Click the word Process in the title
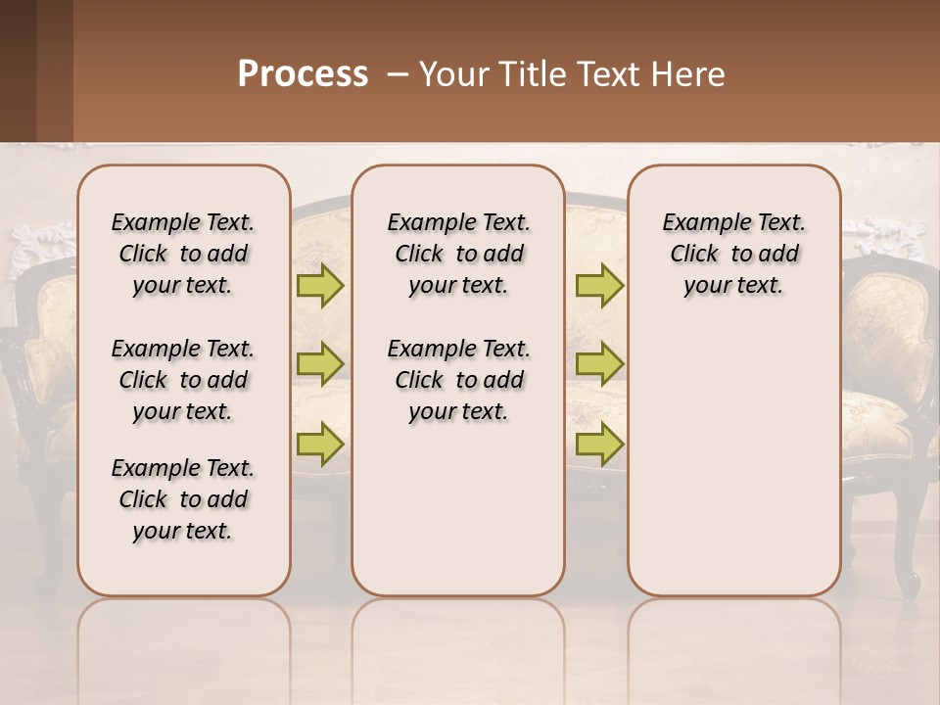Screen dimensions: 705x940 [x=303, y=74]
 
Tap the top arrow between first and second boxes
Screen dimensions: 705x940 [x=320, y=286]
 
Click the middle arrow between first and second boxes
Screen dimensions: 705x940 [x=320, y=363]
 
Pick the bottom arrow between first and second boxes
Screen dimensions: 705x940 [x=320, y=444]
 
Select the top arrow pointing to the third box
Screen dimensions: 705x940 [x=599, y=286]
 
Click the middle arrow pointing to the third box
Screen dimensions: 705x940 [x=599, y=363]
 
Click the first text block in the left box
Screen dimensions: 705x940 [x=183, y=254]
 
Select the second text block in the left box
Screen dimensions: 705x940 [x=183, y=380]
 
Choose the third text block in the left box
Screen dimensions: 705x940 [x=183, y=499]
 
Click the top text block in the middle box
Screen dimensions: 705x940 [x=458, y=254]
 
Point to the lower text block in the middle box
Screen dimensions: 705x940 [x=458, y=380]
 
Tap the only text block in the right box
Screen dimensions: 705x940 [x=733, y=254]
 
